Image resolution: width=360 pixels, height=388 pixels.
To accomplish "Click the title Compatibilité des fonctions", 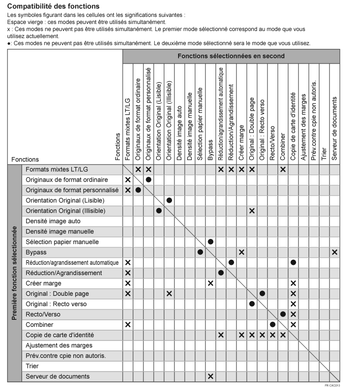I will click(x=54, y=7).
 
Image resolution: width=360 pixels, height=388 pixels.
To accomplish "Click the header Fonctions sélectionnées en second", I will click(x=231, y=56).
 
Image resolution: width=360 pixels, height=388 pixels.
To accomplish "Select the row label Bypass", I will click(x=36, y=252).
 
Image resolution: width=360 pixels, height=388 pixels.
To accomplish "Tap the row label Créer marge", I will click(x=43, y=283).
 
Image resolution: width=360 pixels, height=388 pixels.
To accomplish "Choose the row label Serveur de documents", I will click(x=57, y=376).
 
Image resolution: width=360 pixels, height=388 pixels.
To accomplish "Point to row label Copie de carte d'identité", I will click(x=60, y=335).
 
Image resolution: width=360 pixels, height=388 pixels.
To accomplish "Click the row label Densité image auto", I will click(x=53, y=221).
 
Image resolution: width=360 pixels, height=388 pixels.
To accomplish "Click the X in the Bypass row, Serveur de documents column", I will click(x=335, y=252).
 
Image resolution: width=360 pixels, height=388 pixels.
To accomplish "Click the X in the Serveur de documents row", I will click(x=211, y=376).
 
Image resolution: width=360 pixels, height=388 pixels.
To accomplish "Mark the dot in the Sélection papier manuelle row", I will click(x=211, y=242).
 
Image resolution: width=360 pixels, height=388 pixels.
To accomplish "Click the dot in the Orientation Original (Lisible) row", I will click(x=169, y=200).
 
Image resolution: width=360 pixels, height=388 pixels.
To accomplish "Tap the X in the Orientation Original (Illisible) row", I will click(x=252, y=211).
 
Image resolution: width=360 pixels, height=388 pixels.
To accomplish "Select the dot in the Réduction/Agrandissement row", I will click(x=221, y=273).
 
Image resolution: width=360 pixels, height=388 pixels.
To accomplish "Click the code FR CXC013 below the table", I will click(x=332, y=385).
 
